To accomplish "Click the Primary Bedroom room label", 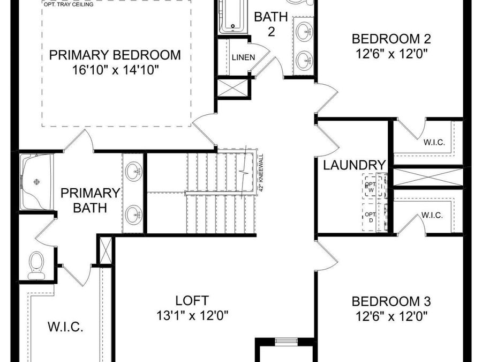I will (115, 55).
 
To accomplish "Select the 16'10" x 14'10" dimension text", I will (115, 70).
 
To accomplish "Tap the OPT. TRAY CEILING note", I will (68, 5).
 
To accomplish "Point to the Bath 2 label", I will (267, 24).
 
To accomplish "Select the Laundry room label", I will (355, 165).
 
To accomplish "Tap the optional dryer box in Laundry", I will (371, 217).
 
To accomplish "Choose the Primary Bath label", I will (89, 200).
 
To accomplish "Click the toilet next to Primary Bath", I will (36, 265).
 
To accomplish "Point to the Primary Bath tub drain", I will (36, 182).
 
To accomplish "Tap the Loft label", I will (192, 300).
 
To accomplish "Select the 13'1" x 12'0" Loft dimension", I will (192, 315).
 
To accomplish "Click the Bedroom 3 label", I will (391, 301).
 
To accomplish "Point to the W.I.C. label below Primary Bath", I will (65, 327).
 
